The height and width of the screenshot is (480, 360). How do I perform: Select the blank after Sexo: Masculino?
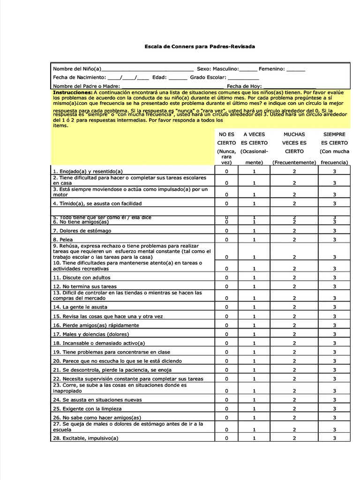pyautogui.click(x=248, y=69)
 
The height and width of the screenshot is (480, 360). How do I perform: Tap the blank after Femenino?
pyautogui.click(x=295, y=69)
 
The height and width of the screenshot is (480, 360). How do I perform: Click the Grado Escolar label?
pyautogui.click(x=208, y=77)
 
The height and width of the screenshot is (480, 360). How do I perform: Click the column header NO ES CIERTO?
pyautogui.click(x=226, y=138)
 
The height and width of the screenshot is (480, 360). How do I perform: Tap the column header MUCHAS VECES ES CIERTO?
pyautogui.click(x=294, y=142)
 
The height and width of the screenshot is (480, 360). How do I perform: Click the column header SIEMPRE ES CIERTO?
pyautogui.click(x=334, y=138)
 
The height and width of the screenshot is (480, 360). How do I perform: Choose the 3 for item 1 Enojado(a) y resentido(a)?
pyautogui.click(x=334, y=172)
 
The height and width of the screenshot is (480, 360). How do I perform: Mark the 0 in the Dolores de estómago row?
pyautogui.click(x=226, y=231)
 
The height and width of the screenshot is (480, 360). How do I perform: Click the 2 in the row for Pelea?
pyautogui.click(x=294, y=240)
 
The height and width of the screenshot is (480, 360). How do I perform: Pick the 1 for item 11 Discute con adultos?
pyautogui.click(x=254, y=277)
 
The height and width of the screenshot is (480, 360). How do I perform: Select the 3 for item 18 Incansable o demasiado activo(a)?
pyautogui.click(x=334, y=343)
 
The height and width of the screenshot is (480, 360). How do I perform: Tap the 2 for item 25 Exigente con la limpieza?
pyautogui.click(x=294, y=409)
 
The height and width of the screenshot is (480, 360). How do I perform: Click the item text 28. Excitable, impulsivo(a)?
pyautogui.click(x=85, y=438)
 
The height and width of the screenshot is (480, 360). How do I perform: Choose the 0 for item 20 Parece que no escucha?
pyautogui.click(x=226, y=361)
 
